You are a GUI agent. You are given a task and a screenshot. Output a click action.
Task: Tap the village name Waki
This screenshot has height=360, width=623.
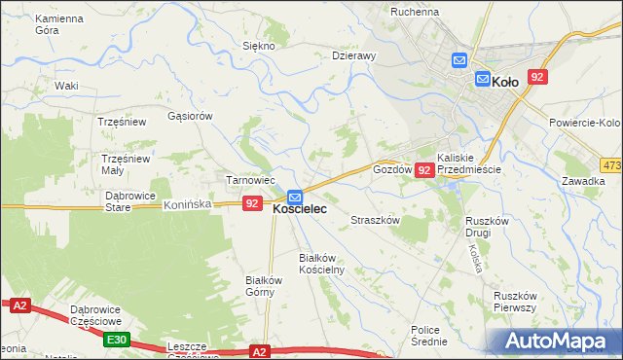[x=66, y=86]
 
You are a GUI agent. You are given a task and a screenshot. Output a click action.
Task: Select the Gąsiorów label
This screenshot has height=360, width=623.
[x=190, y=115]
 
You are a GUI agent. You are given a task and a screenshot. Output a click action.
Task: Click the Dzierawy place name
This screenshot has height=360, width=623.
[x=353, y=56]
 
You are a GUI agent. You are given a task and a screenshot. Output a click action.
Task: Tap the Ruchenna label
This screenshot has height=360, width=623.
[x=415, y=12]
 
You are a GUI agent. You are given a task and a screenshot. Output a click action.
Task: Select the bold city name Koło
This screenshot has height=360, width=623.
[x=505, y=82]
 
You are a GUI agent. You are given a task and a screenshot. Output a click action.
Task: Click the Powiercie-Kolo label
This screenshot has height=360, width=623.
[x=584, y=123]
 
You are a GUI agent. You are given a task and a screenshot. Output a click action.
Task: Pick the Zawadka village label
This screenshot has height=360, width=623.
[x=583, y=181]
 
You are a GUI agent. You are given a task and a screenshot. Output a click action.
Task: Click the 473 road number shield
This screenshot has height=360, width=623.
[x=611, y=165]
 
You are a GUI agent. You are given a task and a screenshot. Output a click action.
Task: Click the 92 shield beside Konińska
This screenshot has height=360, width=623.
[x=252, y=203]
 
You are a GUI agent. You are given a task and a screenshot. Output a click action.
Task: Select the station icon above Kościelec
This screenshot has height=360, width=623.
[x=294, y=198]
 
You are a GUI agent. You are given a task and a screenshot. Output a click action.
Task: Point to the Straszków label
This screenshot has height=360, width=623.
[x=376, y=221]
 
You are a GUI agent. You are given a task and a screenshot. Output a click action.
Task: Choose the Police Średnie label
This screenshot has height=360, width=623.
[x=428, y=336]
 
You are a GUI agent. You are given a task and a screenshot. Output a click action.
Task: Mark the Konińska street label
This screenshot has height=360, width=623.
[x=187, y=205]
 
